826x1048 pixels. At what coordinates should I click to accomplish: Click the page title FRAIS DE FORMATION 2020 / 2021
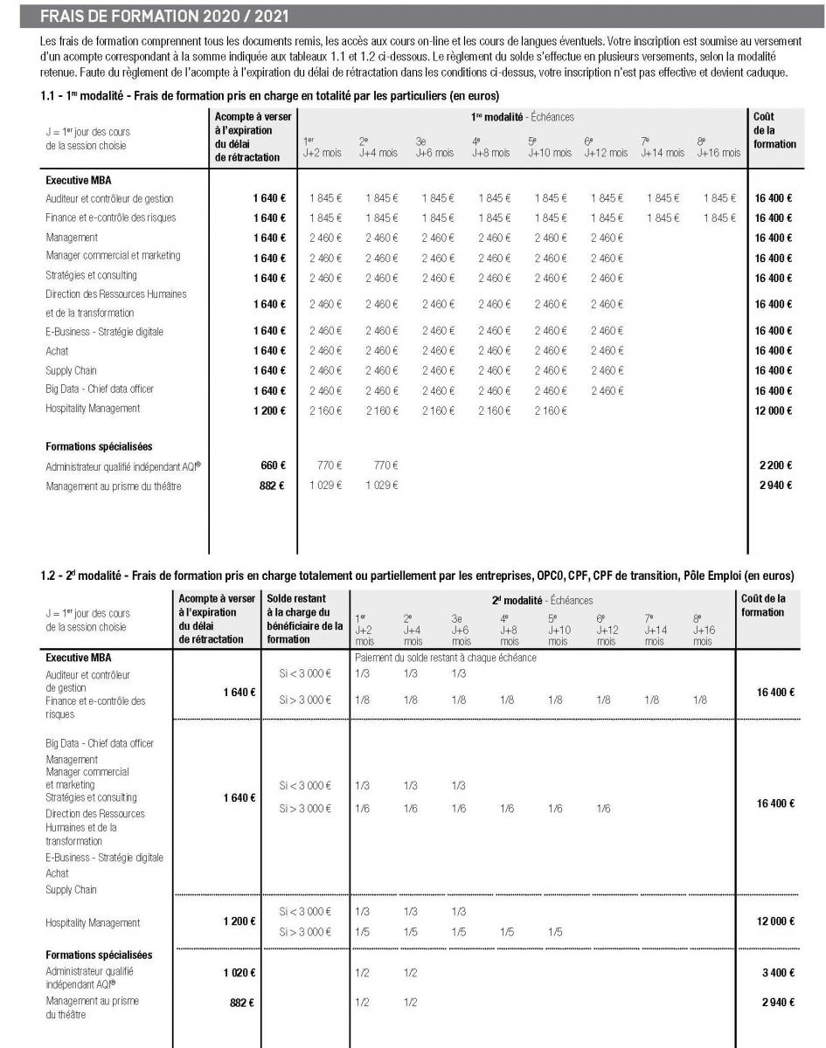pyautogui.click(x=165, y=17)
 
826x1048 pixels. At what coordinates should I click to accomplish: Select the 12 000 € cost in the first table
pyautogui.click(x=774, y=410)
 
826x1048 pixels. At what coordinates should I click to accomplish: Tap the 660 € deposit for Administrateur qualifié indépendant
pyautogui.click(x=273, y=466)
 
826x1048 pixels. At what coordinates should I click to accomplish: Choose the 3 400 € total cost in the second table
pyautogui.click(x=776, y=972)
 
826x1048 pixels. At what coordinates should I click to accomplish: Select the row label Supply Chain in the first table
pyautogui.click(x=71, y=370)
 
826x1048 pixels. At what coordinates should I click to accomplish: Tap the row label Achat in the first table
pyautogui.click(x=57, y=350)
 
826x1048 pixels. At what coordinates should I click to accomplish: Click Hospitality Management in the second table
pyautogui.click(x=93, y=922)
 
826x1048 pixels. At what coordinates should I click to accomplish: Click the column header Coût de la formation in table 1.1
pyautogui.click(x=774, y=130)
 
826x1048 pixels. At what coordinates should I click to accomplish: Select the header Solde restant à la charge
pyautogui.click(x=303, y=618)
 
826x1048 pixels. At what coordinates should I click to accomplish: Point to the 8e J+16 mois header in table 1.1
pyautogui.click(x=718, y=147)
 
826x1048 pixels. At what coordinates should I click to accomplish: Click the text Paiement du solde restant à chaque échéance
pyautogui.click(x=445, y=658)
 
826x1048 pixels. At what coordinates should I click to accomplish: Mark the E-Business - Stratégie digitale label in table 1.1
pyautogui.click(x=104, y=332)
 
